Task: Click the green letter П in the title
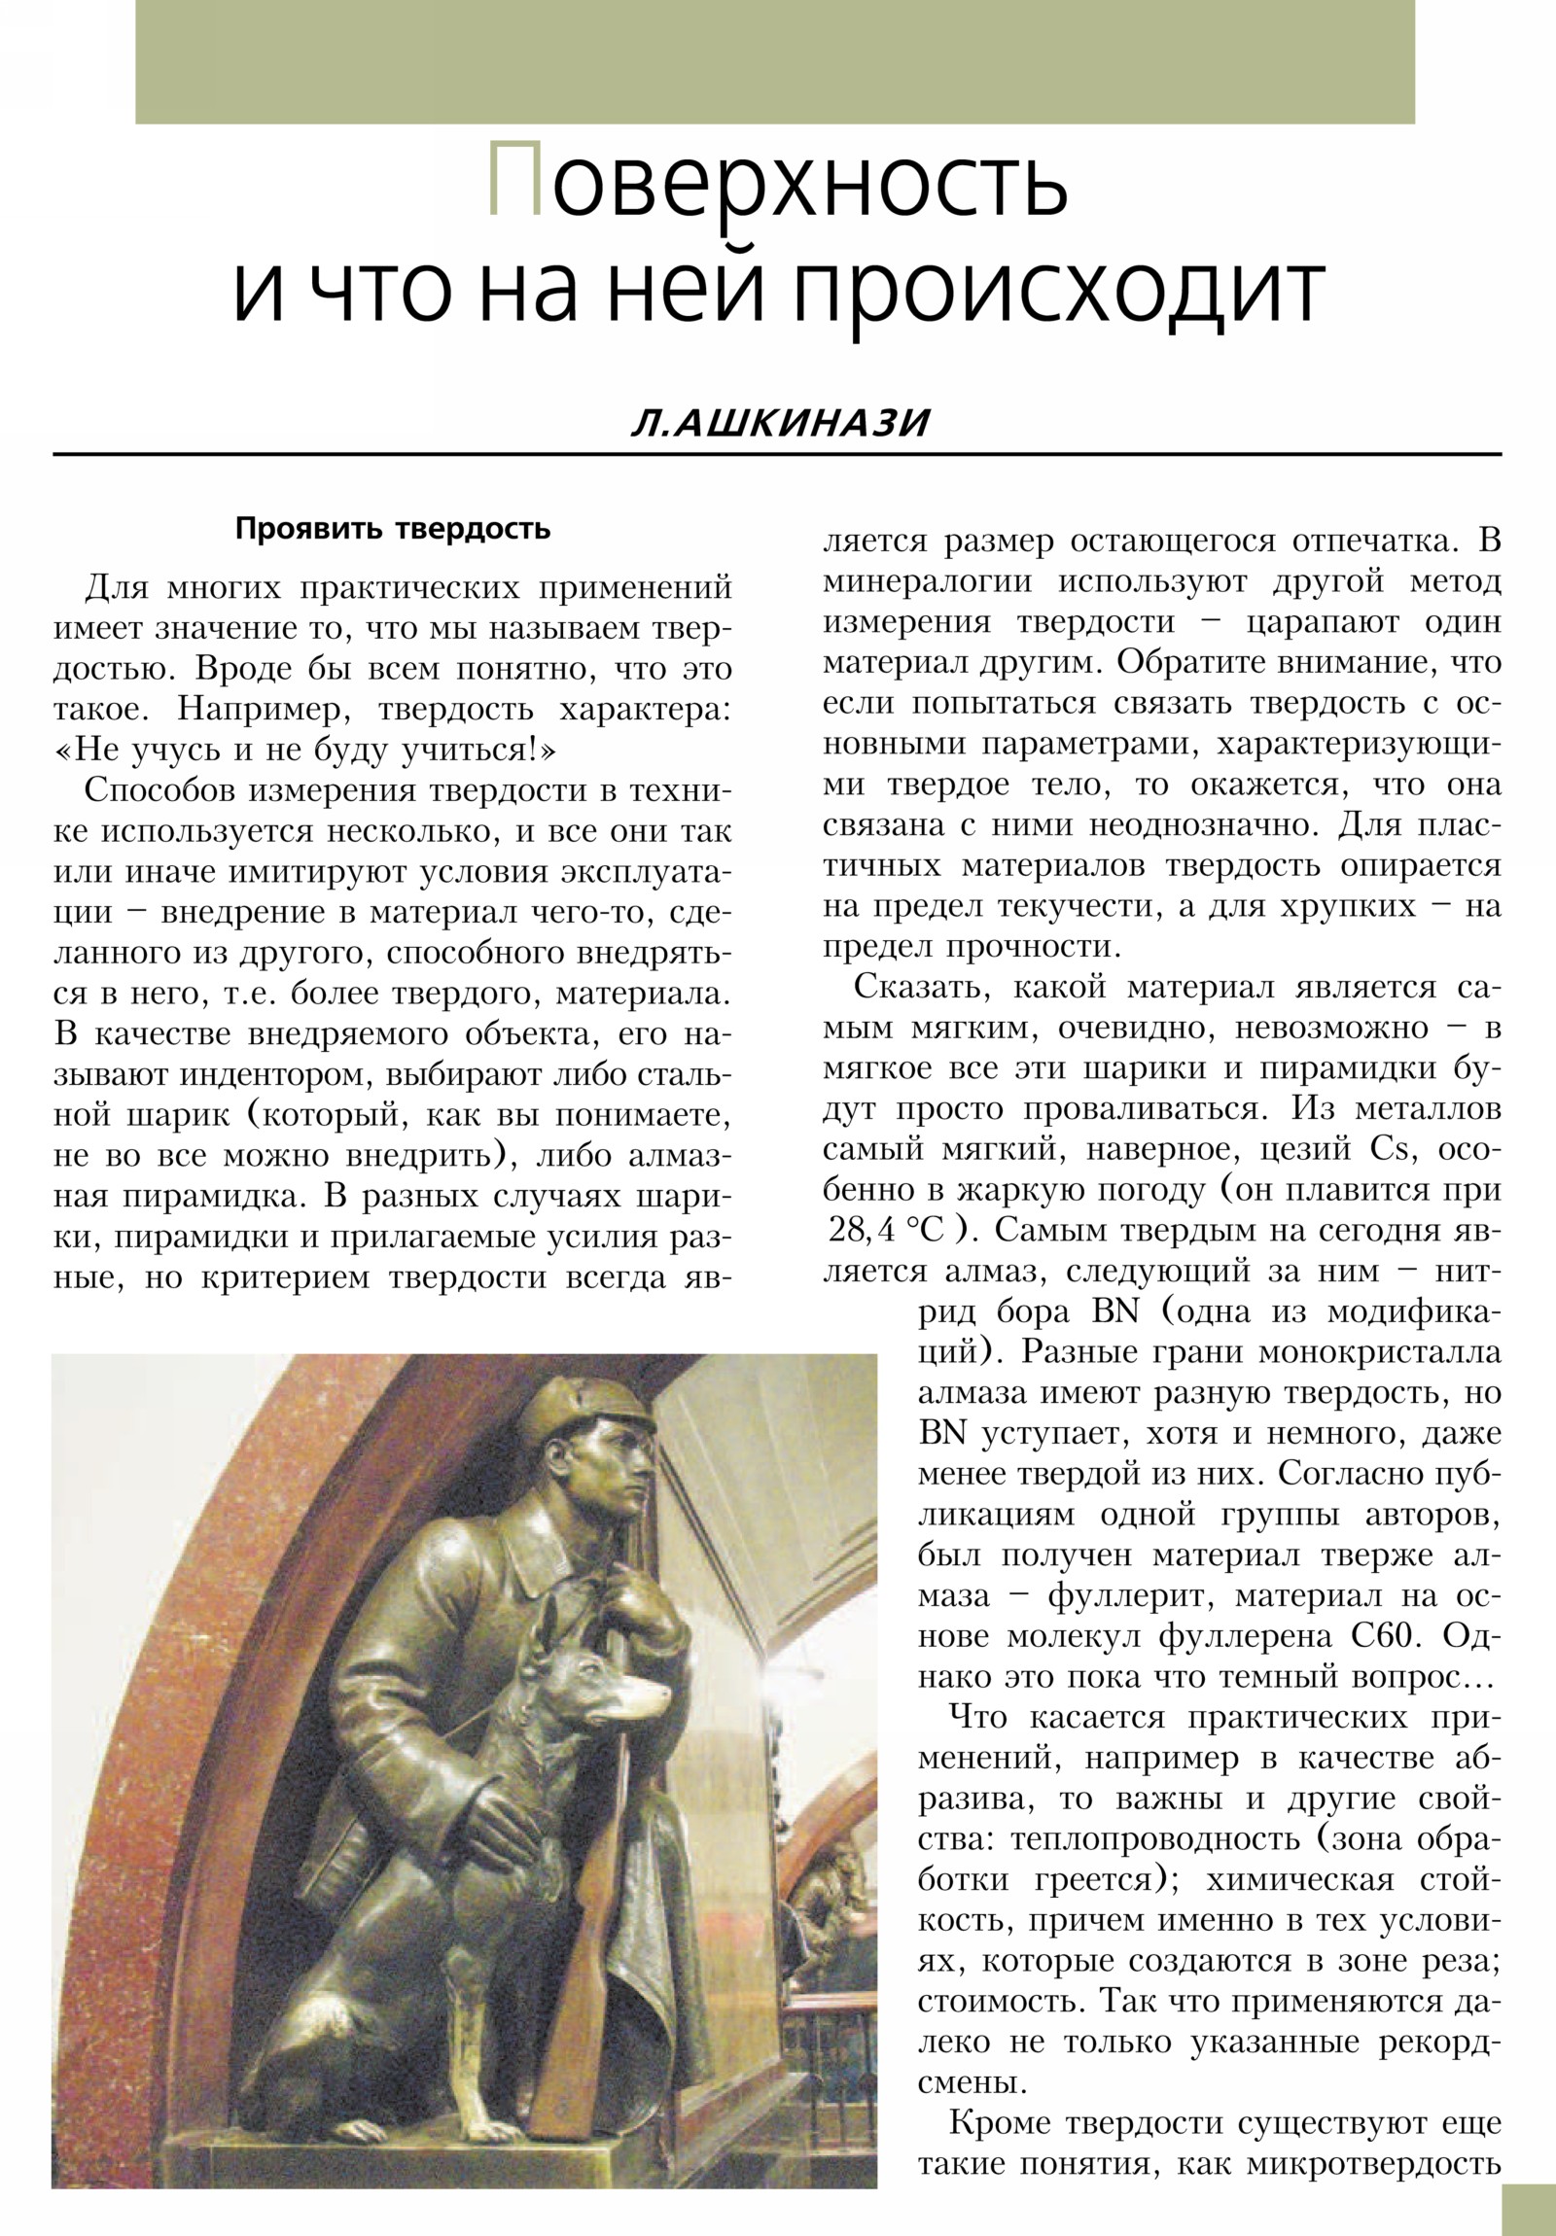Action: click(x=513, y=181)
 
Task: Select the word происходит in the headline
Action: click(x=1059, y=291)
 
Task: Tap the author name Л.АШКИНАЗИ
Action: click(x=780, y=424)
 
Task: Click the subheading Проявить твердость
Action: click(x=393, y=529)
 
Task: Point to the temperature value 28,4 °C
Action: click(x=886, y=1231)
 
